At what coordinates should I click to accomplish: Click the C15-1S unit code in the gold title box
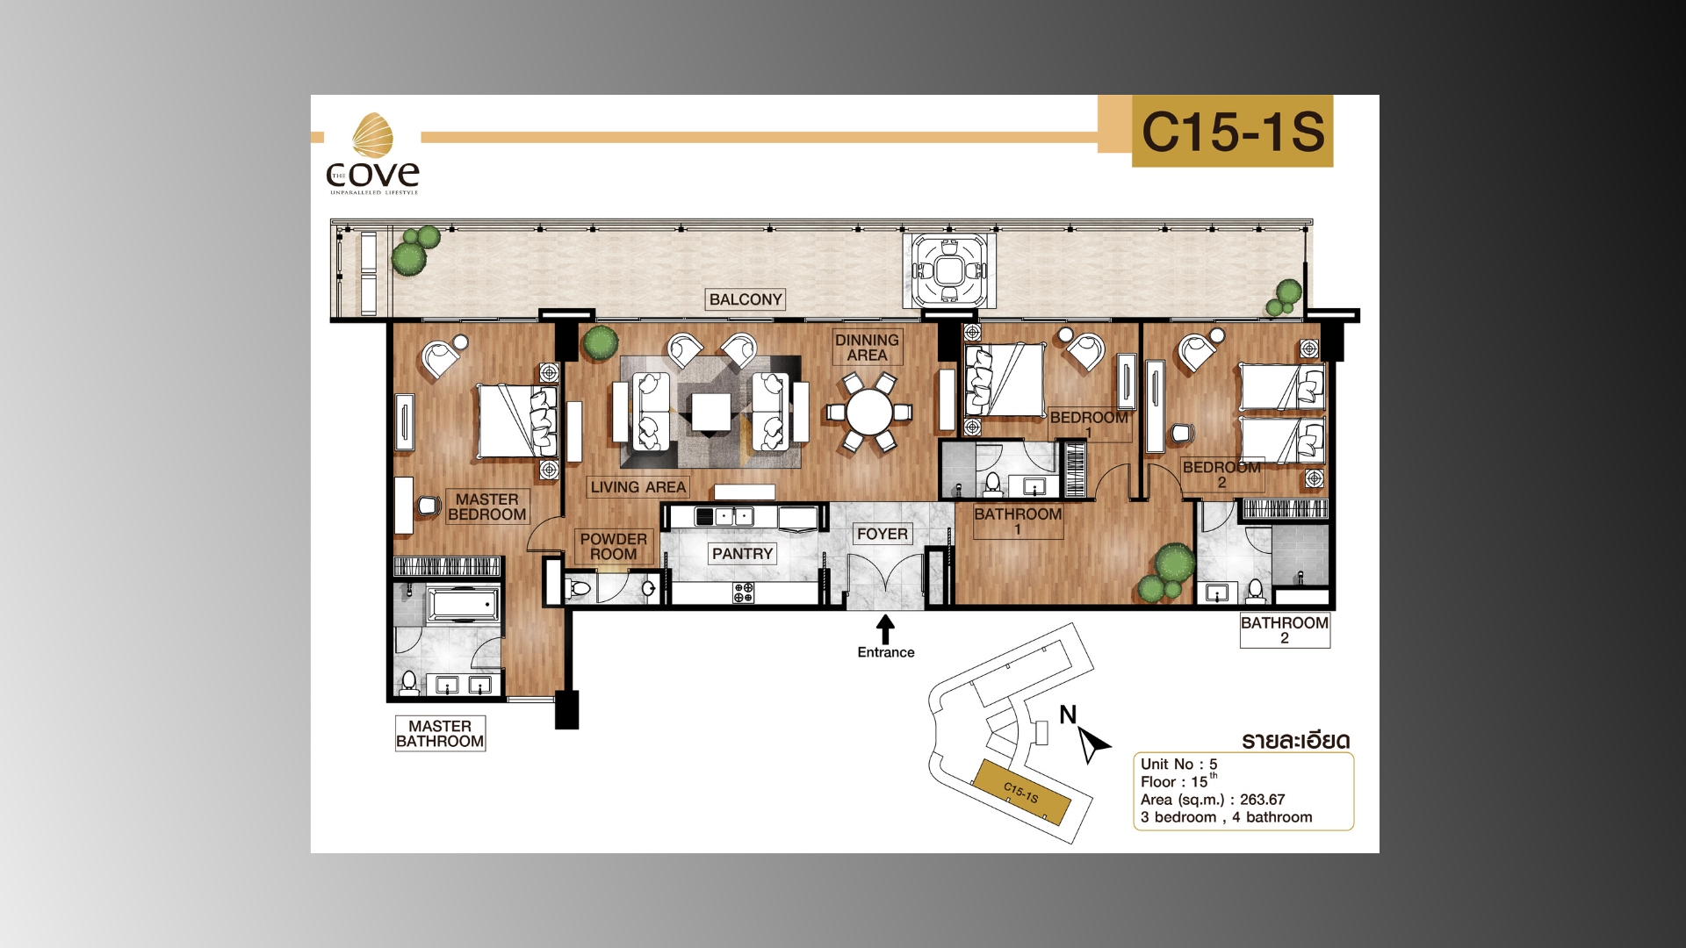1233,132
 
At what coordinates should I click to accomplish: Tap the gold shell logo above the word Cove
372,135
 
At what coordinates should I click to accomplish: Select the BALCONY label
746,299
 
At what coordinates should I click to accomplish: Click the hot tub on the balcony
949,270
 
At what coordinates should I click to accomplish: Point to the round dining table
869,412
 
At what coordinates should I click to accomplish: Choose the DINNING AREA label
867,348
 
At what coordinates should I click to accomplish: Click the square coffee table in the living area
710,413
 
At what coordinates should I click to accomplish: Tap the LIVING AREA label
638,487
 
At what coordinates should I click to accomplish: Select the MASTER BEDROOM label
487,506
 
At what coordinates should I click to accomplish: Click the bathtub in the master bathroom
463,605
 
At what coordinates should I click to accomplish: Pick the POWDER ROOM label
614,546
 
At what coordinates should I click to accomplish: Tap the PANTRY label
743,554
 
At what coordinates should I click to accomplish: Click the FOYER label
883,534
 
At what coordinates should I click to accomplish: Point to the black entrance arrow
885,628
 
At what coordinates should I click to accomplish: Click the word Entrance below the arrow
886,652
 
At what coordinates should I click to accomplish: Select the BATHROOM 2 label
1285,630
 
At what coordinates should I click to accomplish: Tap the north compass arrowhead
1092,743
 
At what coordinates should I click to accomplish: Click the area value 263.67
1262,800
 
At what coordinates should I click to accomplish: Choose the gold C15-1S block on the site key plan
1021,793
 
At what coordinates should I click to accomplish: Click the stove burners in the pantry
744,592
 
